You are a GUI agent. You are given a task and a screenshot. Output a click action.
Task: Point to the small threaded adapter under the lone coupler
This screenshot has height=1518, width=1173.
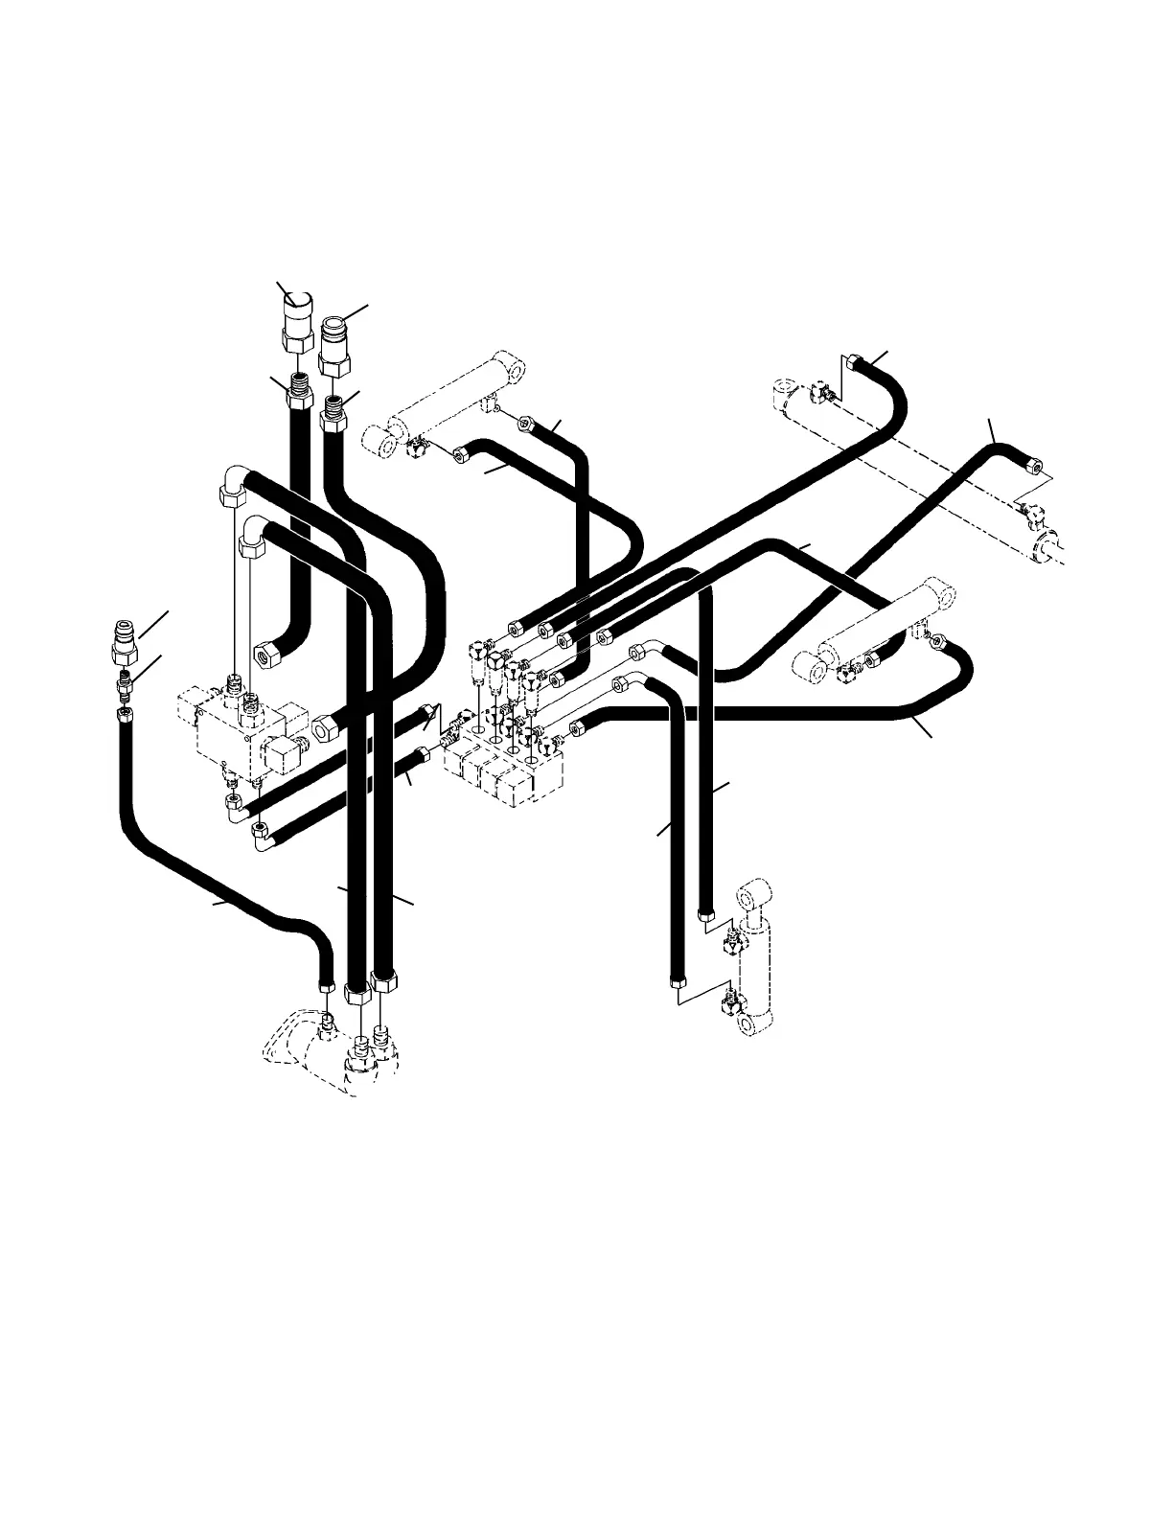tap(124, 685)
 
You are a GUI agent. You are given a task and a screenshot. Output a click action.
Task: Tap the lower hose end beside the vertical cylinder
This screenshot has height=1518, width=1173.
tap(676, 981)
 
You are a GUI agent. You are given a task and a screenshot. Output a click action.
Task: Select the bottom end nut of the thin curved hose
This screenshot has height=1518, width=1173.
tap(326, 985)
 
